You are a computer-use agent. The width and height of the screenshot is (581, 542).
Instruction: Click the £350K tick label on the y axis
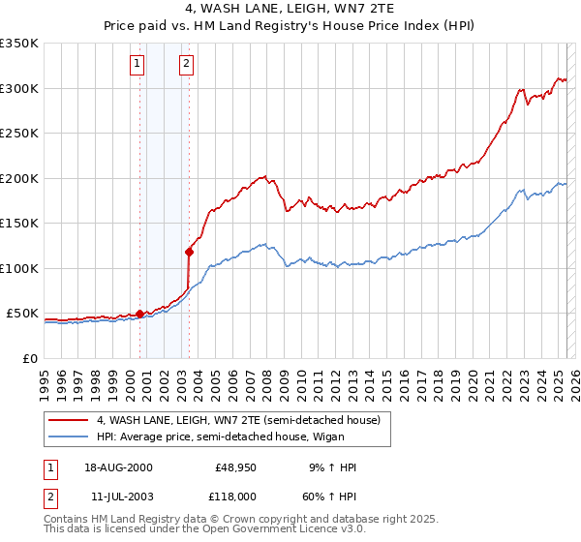[x=19, y=44]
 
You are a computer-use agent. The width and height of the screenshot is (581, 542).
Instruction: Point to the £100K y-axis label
[x=19, y=268]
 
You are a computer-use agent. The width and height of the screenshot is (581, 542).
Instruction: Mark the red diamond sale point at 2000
[x=140, y=314]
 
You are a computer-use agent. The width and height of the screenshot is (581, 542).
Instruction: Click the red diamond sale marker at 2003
[x=189, y=252]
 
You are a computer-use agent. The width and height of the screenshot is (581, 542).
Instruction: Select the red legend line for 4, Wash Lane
[x=69, y=420]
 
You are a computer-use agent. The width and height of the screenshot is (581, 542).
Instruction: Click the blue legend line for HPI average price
[x=69, y=437]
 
